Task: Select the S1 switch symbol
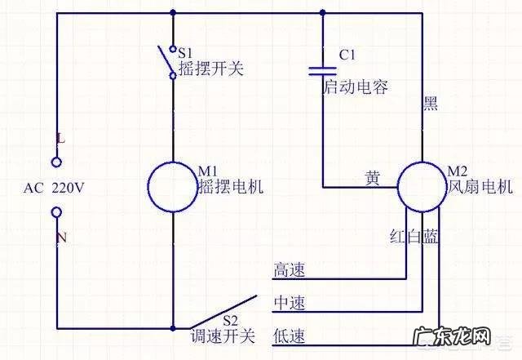[169, 61]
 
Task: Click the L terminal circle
[56, 161]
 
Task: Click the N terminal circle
[56, 213]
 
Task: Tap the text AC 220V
[54, 187]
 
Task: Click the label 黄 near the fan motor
[372, 177]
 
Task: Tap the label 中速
[290, 303]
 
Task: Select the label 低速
[290, 336]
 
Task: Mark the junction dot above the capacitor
[324, 12]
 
